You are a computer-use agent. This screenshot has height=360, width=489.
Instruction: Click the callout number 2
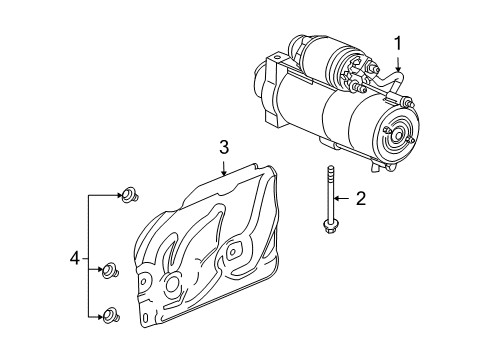point(362,199)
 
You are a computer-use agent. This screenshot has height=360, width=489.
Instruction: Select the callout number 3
point(224,148)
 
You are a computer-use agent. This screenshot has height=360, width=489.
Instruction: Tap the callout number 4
point(75,258)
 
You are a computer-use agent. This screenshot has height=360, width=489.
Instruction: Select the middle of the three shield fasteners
point(112,268)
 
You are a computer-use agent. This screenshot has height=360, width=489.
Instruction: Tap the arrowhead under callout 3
point(225,171)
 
